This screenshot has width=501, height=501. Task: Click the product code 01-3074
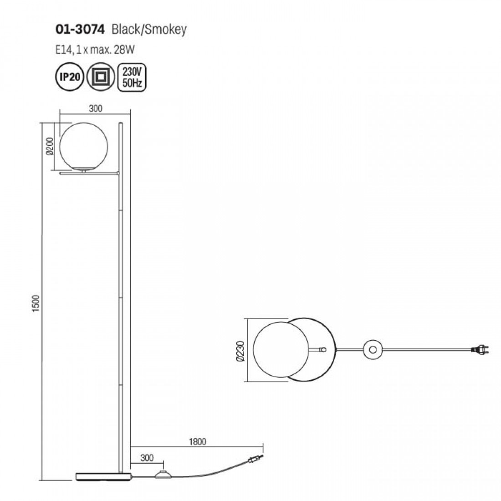(80, 30)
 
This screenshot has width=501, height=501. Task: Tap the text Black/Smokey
(149, 30)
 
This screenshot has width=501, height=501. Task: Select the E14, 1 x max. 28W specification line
(95, 50)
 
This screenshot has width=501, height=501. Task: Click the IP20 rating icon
(70, 77)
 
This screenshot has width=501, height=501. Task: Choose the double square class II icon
(101, 77)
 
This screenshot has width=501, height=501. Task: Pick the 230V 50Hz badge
(132, 77)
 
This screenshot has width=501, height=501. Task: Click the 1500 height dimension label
(36, 303)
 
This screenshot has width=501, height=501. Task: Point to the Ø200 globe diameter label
(51, 146)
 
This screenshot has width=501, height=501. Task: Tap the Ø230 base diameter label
(240, 351)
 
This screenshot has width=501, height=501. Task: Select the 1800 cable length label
(198, 442)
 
